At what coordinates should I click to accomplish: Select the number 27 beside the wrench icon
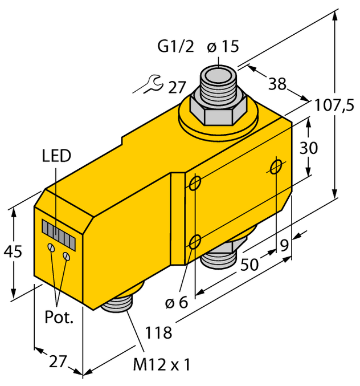177,87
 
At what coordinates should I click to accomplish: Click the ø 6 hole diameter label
175,303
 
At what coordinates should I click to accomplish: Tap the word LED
56,156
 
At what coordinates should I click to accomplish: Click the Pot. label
59,318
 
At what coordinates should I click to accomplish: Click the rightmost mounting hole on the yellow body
277,166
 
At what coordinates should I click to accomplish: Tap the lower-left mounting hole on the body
195,242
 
